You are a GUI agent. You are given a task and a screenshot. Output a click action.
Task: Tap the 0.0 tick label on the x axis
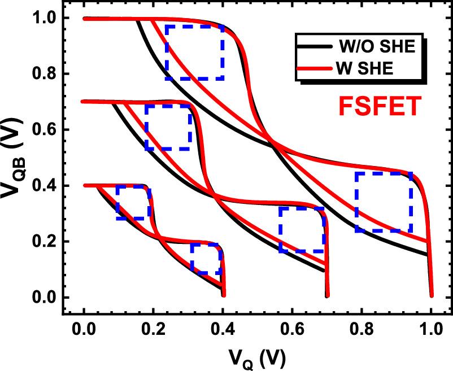84,328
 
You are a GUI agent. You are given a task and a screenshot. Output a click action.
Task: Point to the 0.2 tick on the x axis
153,328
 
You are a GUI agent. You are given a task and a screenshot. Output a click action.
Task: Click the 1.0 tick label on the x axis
431,328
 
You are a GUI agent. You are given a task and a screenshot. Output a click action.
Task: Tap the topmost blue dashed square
194,52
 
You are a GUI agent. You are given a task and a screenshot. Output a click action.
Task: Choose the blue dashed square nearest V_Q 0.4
206,259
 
